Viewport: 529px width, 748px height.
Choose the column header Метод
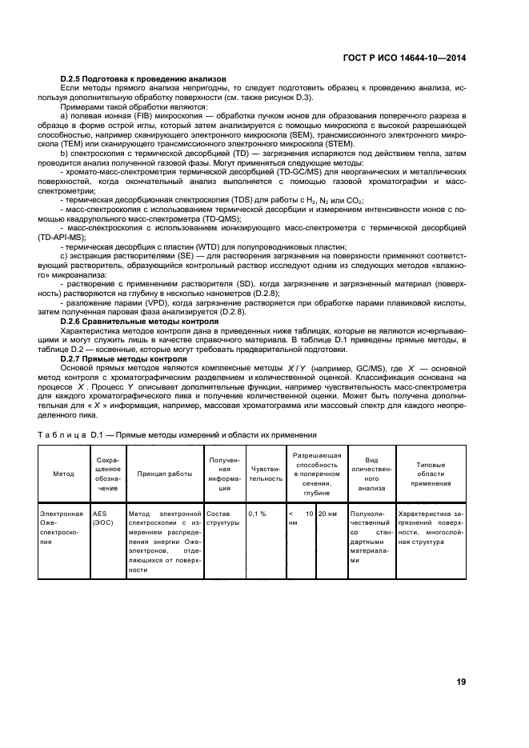(x=64, y=474)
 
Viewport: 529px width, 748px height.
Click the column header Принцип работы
(x=164, y=474)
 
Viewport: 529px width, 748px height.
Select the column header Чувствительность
(x=266, y=474)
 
